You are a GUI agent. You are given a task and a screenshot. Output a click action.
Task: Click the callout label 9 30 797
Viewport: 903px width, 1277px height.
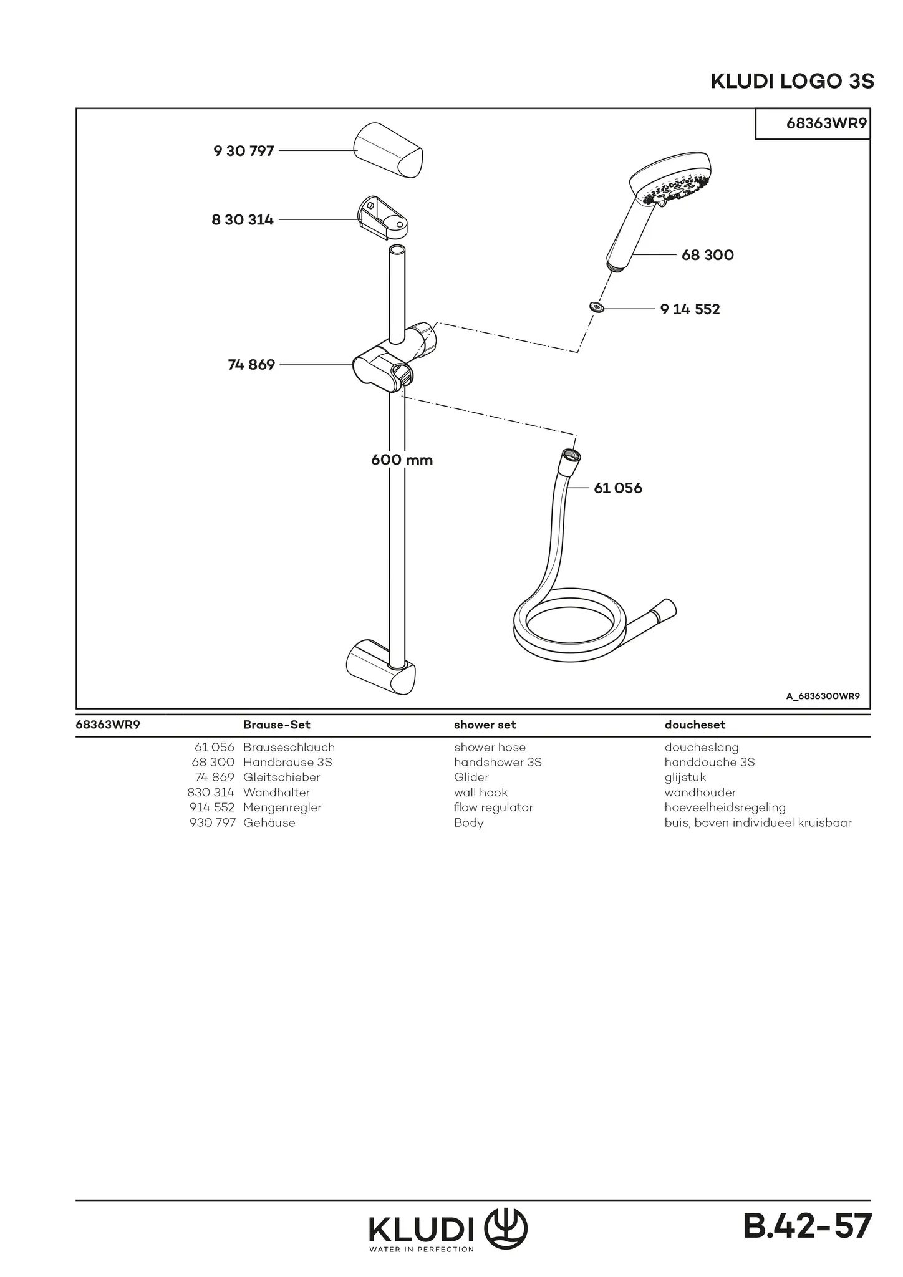[x=244, y=151]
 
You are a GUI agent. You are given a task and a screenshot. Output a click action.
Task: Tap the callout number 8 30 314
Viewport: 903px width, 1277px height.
[x=243, y=220]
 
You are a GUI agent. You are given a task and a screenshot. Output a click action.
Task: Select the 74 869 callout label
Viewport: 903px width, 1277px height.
[x=251, y=365]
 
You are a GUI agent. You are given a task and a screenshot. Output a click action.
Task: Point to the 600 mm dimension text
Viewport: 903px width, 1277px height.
[x=402, y=460]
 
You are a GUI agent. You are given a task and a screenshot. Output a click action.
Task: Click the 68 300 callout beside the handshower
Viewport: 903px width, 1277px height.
[x=708, y=255]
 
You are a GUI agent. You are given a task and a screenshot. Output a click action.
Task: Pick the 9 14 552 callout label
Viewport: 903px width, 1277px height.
[x=690, y=309]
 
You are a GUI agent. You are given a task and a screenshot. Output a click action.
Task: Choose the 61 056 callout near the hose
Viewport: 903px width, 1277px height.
[x=618, y=488]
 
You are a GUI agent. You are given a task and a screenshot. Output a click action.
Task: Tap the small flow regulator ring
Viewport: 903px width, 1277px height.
[x=597, y=307]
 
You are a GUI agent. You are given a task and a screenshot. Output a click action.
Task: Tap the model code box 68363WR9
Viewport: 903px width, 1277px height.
[x=813, y=123]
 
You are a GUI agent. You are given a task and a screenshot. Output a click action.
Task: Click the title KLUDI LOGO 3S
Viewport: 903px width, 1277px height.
[x=792, y=82]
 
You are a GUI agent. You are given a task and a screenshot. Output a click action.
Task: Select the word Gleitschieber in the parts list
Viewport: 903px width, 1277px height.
[x=281, y=777]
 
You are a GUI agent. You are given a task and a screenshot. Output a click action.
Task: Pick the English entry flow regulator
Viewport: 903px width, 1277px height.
[x=493, y=807]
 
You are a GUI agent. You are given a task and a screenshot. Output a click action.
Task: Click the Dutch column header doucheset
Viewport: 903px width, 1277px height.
[x=695, y=725]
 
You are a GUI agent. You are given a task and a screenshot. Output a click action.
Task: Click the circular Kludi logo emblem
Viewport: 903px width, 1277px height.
[x=506, y=1228]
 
